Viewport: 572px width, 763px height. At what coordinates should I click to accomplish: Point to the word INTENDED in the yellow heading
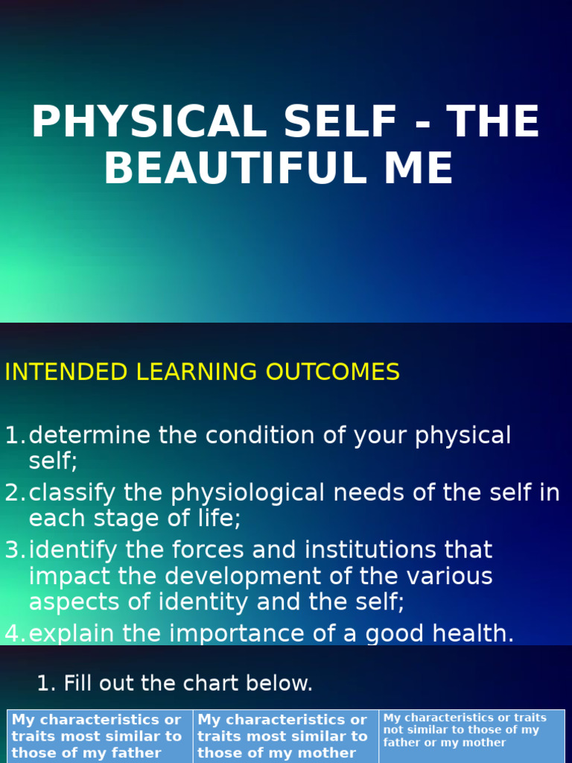pyautogui.click(x=57, y=372)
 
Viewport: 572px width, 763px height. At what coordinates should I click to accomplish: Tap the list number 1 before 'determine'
pyautogui.click(x=13, y=436)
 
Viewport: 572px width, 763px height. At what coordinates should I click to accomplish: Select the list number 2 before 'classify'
pyautogui.click(x=13, y=493)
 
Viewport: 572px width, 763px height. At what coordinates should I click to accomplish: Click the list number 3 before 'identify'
pyautogui.click(x=13, y=551)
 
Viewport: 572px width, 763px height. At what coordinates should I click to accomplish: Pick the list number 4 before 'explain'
pyautogui.click(x=13, y=634)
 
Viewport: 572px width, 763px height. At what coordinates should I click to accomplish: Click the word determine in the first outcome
pyautogui.click(x=90, y=436)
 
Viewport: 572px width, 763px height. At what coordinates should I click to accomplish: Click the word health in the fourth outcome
pyautogui.click(x=474, y=634)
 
